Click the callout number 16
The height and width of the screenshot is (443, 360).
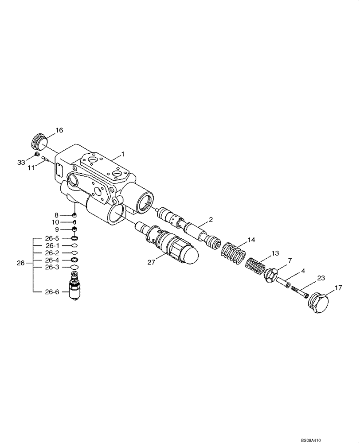(59, 130)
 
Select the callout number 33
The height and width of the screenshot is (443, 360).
(21, 163)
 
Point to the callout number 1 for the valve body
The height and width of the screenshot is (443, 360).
(123, 154)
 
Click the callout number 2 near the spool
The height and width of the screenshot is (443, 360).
(211, 220)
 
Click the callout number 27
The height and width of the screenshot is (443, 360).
(152, 262)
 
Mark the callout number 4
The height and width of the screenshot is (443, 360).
(303, 271)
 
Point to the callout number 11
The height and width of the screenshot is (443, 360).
(31, 168)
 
